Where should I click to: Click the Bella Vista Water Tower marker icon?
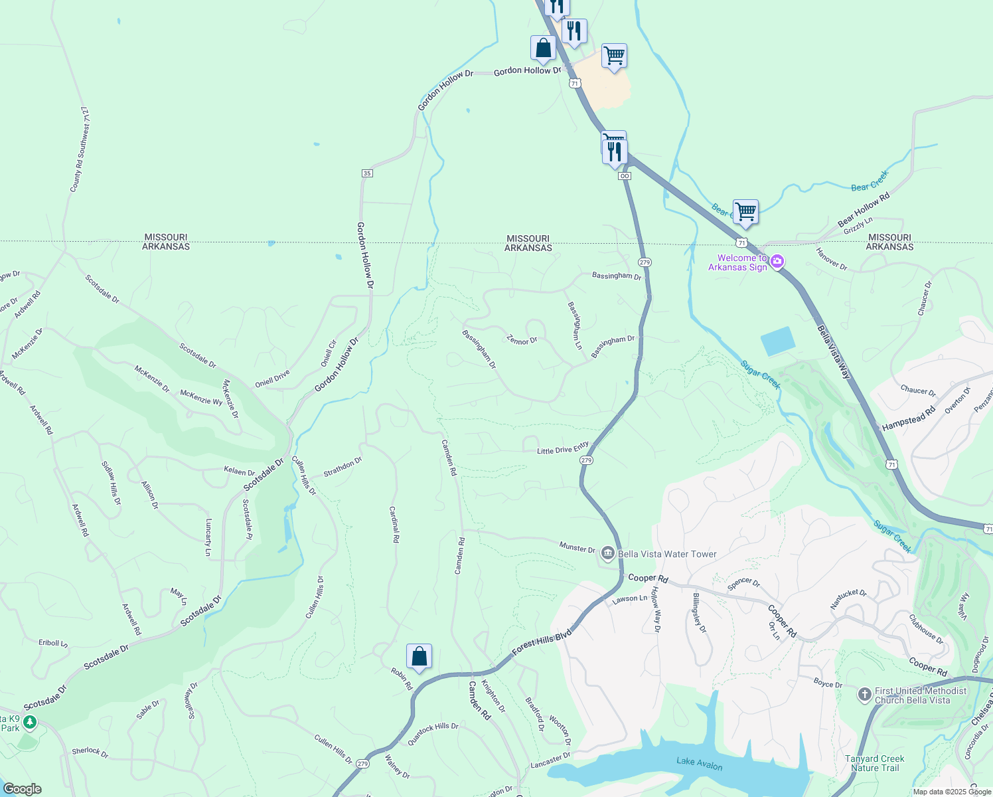pos(607,553)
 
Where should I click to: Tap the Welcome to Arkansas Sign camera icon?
pos(777,262)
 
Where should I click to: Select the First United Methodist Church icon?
pos(864,695)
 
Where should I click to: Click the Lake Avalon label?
pos(699,764)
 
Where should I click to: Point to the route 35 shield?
pos(367,173)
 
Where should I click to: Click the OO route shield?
pos(624,176)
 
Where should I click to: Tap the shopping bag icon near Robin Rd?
pos(419,656)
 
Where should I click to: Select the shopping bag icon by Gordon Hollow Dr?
pos(543,48)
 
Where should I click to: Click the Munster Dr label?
pos(577,548)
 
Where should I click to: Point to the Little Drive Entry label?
pos(563,449)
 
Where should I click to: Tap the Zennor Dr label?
pos(522,340)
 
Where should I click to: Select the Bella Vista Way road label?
pos(833,352)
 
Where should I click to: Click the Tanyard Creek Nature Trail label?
pos(875,763)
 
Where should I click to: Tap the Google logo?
pos(22,789)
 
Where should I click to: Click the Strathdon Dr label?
pos(343,467)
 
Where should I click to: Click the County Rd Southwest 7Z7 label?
pos(79,149)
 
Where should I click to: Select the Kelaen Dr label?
pos(240,472)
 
